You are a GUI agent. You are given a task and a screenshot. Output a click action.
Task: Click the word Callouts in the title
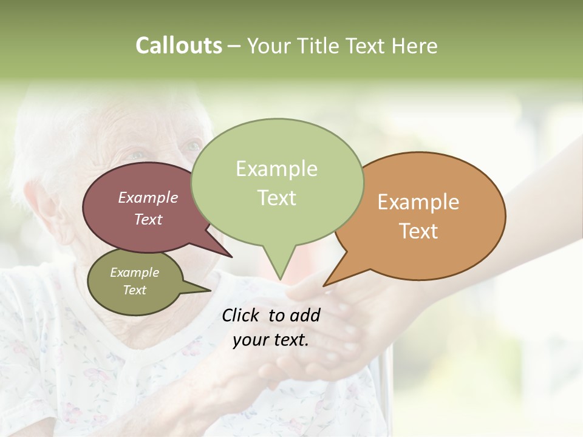179,46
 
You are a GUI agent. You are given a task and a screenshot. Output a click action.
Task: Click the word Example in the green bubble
276,169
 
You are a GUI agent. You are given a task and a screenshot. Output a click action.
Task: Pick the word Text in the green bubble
276,198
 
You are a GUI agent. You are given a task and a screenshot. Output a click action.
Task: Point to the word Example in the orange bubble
418,202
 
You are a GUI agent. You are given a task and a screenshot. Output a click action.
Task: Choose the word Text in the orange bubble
418,231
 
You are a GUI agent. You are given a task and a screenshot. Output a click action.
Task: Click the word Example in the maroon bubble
148,197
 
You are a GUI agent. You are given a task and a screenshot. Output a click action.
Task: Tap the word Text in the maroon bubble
148,219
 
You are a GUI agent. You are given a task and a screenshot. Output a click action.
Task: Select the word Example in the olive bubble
134,273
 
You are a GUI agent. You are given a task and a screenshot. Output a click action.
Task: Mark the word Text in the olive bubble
134,290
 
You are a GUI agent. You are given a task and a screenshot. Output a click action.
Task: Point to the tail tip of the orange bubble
324,285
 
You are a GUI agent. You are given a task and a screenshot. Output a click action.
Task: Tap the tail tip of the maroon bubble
232,257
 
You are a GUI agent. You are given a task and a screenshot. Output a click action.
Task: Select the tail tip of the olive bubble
210,290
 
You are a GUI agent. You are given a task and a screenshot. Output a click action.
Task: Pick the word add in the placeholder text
305,315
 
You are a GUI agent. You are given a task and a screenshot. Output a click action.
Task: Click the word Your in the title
268,46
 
